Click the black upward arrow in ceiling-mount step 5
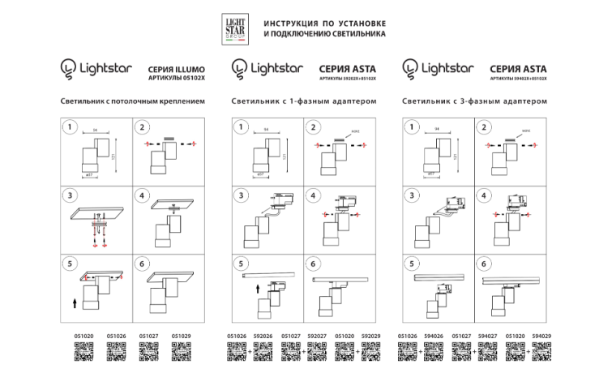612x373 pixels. [75, 302]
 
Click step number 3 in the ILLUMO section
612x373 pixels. [71, 196]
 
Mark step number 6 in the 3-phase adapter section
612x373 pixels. [483, 264]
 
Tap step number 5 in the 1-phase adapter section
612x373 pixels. [241, 264]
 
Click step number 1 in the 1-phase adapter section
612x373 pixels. [241, 127]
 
